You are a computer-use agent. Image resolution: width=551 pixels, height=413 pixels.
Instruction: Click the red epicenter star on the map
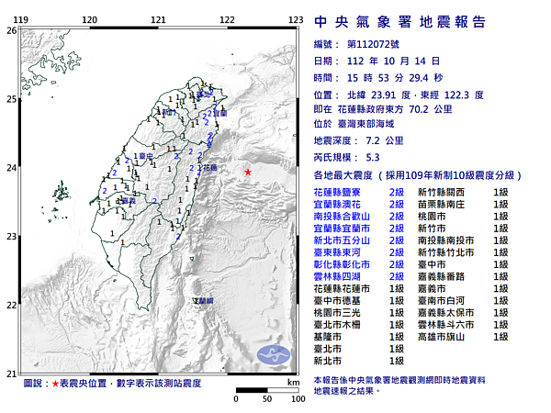pyautogui.click(x=247, y=172)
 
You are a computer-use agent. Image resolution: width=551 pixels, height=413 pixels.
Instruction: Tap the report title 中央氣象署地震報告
pyautogui.click(x=399, y=22)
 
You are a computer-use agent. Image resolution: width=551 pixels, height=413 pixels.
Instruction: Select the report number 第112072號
pyautogui.click(x=372, y=44)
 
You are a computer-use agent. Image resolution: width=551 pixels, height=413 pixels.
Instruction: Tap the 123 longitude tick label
pyautogui.click(x=296, y=19)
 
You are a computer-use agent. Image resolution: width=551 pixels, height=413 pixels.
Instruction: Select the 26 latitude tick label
pyautogui.click(x=11, y=30)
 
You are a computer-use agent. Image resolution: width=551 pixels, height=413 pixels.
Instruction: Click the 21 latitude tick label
pyautogui.click(x=11, y=373)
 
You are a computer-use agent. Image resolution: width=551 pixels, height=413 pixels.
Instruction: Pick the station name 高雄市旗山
pyautogui.click(x=445, y=337)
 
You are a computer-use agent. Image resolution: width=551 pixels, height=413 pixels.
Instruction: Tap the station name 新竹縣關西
pyautogui.click(x=445, y=192)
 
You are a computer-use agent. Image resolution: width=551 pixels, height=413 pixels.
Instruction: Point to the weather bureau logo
pyautogui.click(x=273, y=355)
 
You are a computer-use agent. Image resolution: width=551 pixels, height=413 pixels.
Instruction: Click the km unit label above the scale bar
pyautogui.click(x=293, y=381)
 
